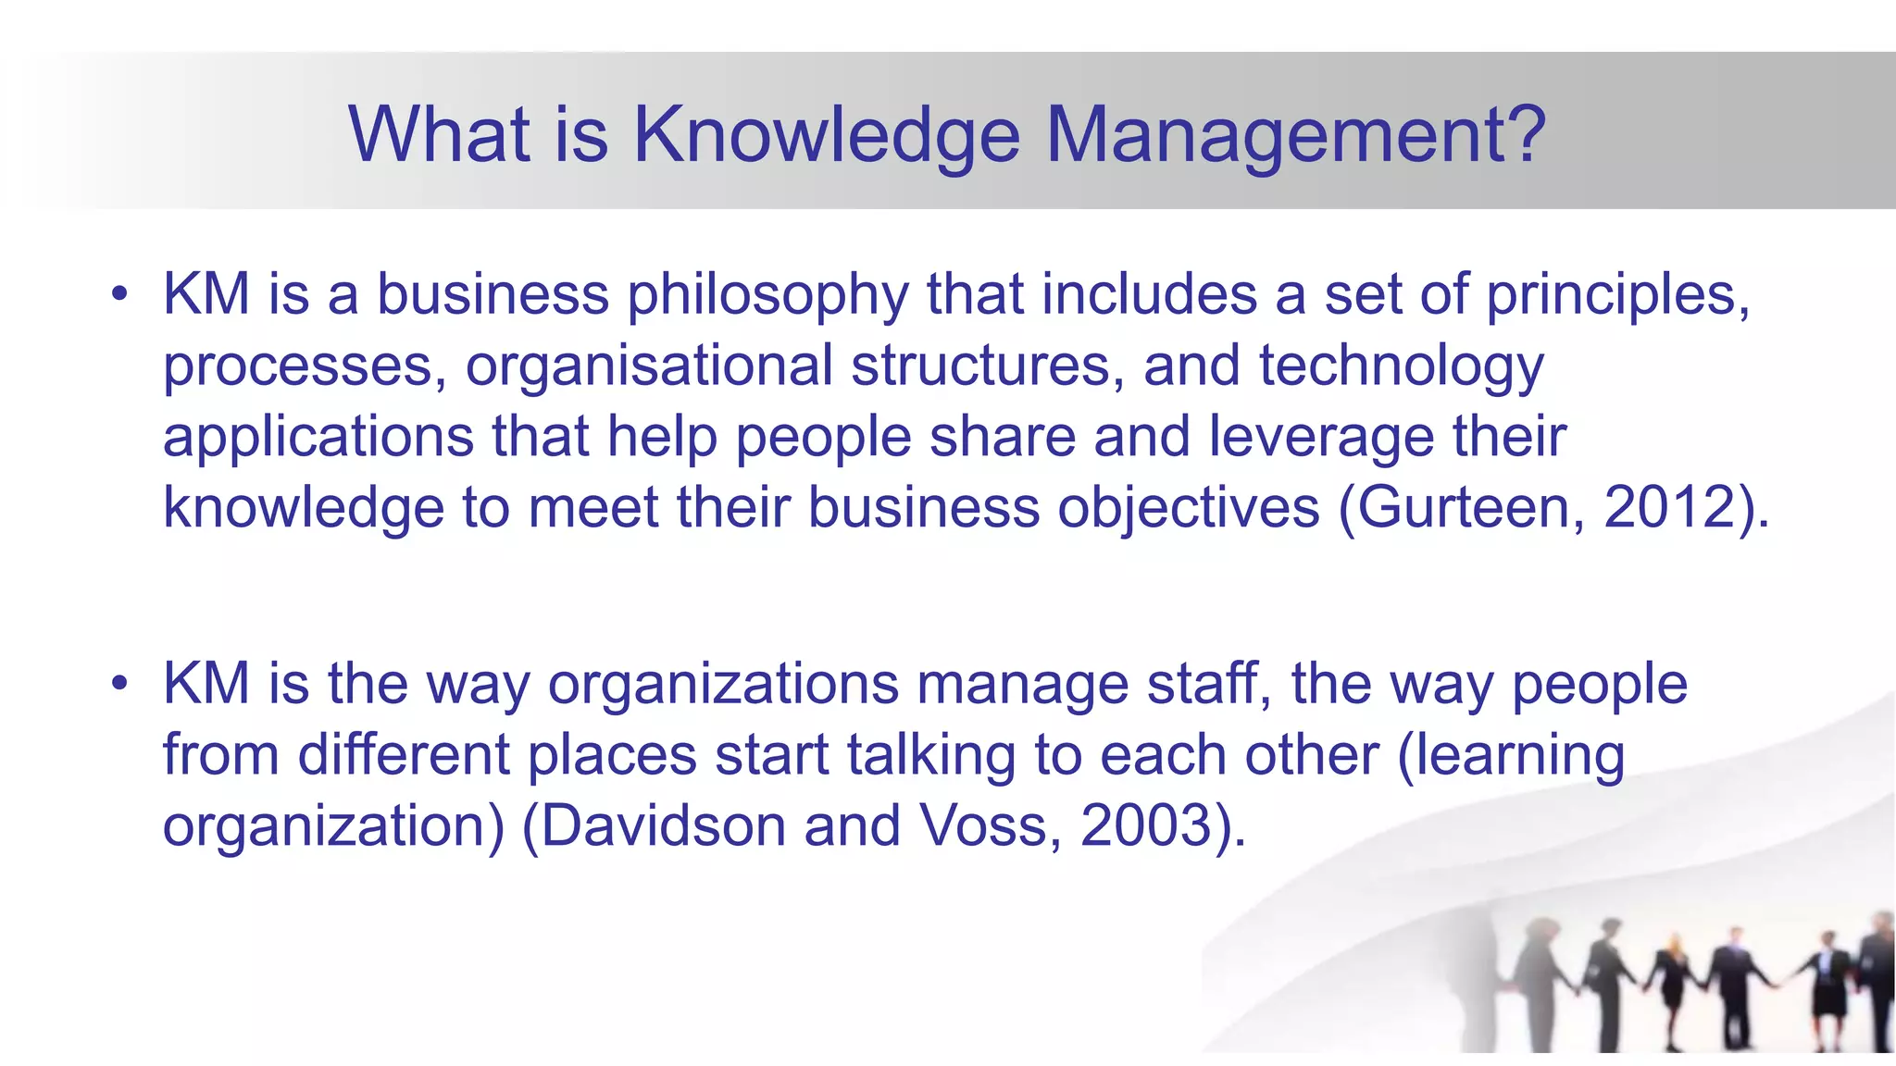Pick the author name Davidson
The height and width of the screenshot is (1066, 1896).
663,825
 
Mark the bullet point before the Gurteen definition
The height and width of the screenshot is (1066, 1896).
118,295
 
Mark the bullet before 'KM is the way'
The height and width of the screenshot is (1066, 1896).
118,685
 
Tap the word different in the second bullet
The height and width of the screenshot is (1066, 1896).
404,755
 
